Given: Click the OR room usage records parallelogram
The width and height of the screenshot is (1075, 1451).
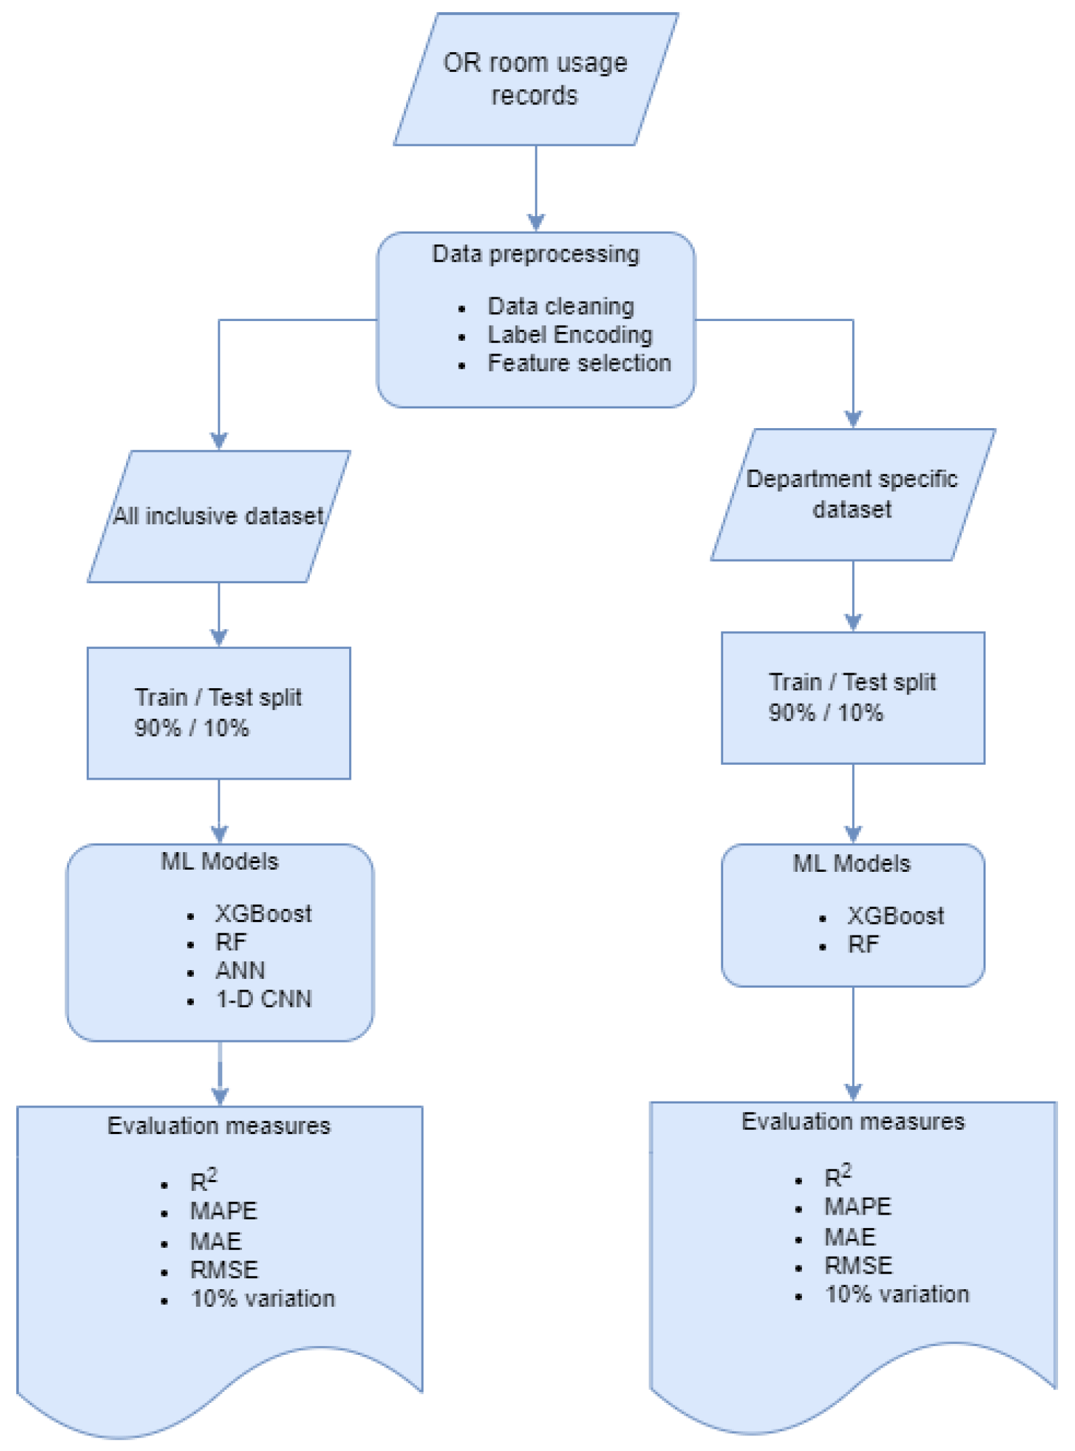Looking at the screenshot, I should pos(535,79).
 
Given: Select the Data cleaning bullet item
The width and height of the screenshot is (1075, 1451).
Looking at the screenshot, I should pos(561,306).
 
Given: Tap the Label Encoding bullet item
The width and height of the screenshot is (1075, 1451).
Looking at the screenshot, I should pos(569,335).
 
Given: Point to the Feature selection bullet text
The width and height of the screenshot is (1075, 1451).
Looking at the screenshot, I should pos(579,363).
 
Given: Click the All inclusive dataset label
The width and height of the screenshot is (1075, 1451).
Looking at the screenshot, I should pos(218,516).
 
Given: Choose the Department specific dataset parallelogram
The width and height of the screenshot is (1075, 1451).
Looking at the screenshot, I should pos(852,495).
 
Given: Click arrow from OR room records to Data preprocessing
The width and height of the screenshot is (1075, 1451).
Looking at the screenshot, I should pos(536,186).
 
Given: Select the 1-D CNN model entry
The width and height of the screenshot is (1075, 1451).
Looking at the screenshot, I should pos(264,999).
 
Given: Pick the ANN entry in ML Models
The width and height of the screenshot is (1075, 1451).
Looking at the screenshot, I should pos(240,971).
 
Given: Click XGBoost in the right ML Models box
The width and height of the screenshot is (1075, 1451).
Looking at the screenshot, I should pos(895,916).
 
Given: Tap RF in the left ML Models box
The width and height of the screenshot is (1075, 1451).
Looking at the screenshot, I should pos(231,942).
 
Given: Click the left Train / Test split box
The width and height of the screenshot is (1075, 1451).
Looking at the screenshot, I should pos(218,713).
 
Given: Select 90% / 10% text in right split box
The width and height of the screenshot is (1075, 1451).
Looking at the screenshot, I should pos(825,713).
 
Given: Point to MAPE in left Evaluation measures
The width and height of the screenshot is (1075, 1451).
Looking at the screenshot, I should pos(224,1211).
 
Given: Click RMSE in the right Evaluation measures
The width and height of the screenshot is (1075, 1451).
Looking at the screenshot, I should pos(858,1265).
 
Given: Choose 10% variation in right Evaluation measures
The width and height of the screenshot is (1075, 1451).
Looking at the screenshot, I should pos(896,1295).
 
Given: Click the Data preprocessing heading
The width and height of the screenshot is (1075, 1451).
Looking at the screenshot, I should pos(535,254).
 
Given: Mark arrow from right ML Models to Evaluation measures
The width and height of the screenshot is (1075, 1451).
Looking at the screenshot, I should pos(853,1043).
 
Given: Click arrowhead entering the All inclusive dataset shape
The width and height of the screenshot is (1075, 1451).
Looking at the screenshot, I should pos(219,441).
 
